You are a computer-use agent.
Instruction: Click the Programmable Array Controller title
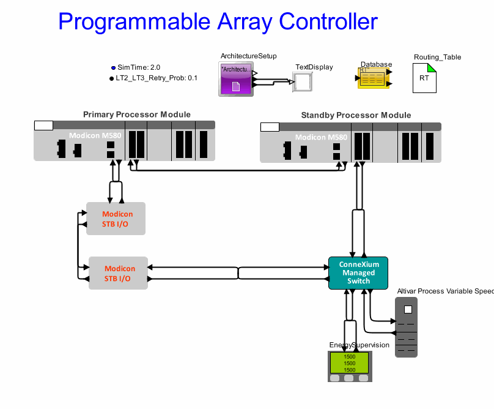coord(218,22)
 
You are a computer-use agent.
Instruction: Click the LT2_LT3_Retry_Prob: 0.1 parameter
coord(156,78)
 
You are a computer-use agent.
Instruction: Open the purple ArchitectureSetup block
coord(235,79)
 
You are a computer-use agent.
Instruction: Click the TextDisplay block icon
coord(303,81)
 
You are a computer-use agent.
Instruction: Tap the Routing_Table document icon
coord(424,78)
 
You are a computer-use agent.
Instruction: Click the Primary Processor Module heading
coord(136,114)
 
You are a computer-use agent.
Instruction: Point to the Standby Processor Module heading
coord(356,115)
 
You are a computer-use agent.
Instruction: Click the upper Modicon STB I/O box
coord(116,219)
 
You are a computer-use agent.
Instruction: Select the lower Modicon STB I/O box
coord(119,273)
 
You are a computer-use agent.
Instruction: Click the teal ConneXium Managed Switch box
coord(358,273)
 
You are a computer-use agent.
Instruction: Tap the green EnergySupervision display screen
coord(350,363)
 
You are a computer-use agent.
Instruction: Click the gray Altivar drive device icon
coord(406,327)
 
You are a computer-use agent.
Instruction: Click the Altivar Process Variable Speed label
coord(445,291)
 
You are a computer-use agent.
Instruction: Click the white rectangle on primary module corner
coord(43,126)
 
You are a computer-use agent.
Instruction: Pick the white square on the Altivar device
coord(408,309)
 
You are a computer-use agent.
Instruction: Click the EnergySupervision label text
coord(359,345)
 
